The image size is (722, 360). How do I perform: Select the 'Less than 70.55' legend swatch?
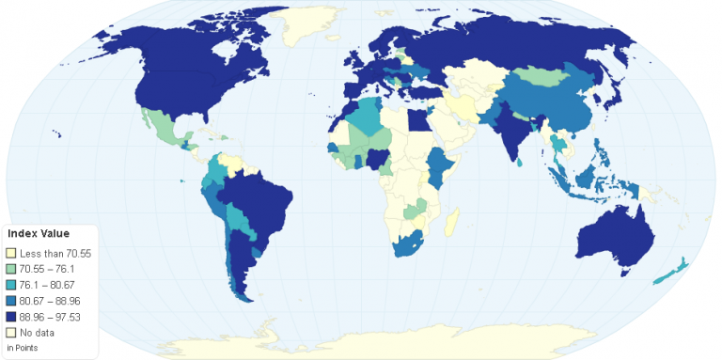tap(11, 253)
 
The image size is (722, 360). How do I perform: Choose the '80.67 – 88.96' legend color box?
tap(11, 301)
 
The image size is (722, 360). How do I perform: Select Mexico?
tap(160, 127)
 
